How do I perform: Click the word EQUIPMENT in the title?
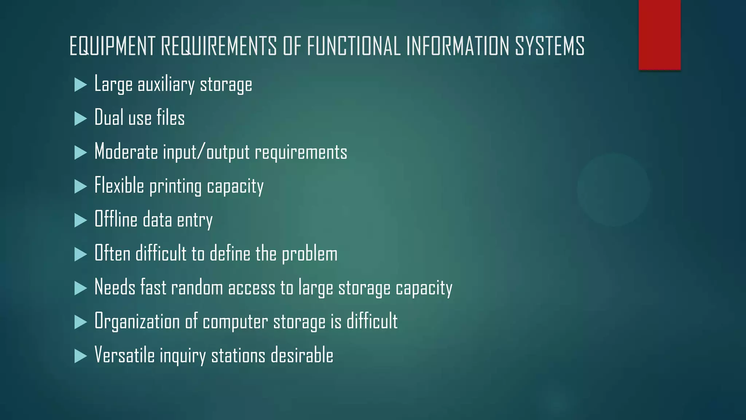(113, 46)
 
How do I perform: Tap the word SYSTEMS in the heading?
(550, 46)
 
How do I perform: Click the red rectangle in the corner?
(659, 35)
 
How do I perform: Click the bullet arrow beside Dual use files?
(81, 118)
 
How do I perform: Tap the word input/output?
(206, 152)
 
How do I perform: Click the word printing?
(175, 187)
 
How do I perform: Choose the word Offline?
(116, 219)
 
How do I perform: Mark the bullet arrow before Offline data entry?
(81, 220)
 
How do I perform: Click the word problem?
(310, 254)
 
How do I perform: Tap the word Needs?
(115, 287)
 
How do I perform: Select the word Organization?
(137, 322)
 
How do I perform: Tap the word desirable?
(302, 355)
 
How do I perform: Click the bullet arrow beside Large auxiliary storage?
(81, 85)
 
